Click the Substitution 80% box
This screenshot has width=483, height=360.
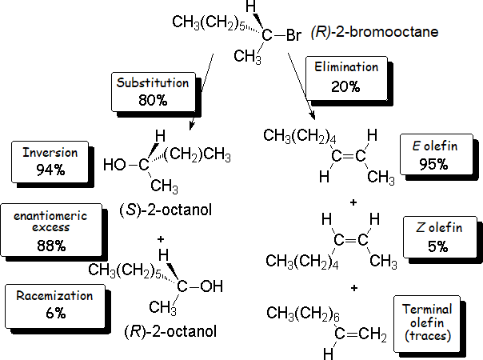152,92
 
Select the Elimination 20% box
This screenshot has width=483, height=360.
346,77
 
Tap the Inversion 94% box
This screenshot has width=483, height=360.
50,160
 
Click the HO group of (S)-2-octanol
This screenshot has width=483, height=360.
115,166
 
